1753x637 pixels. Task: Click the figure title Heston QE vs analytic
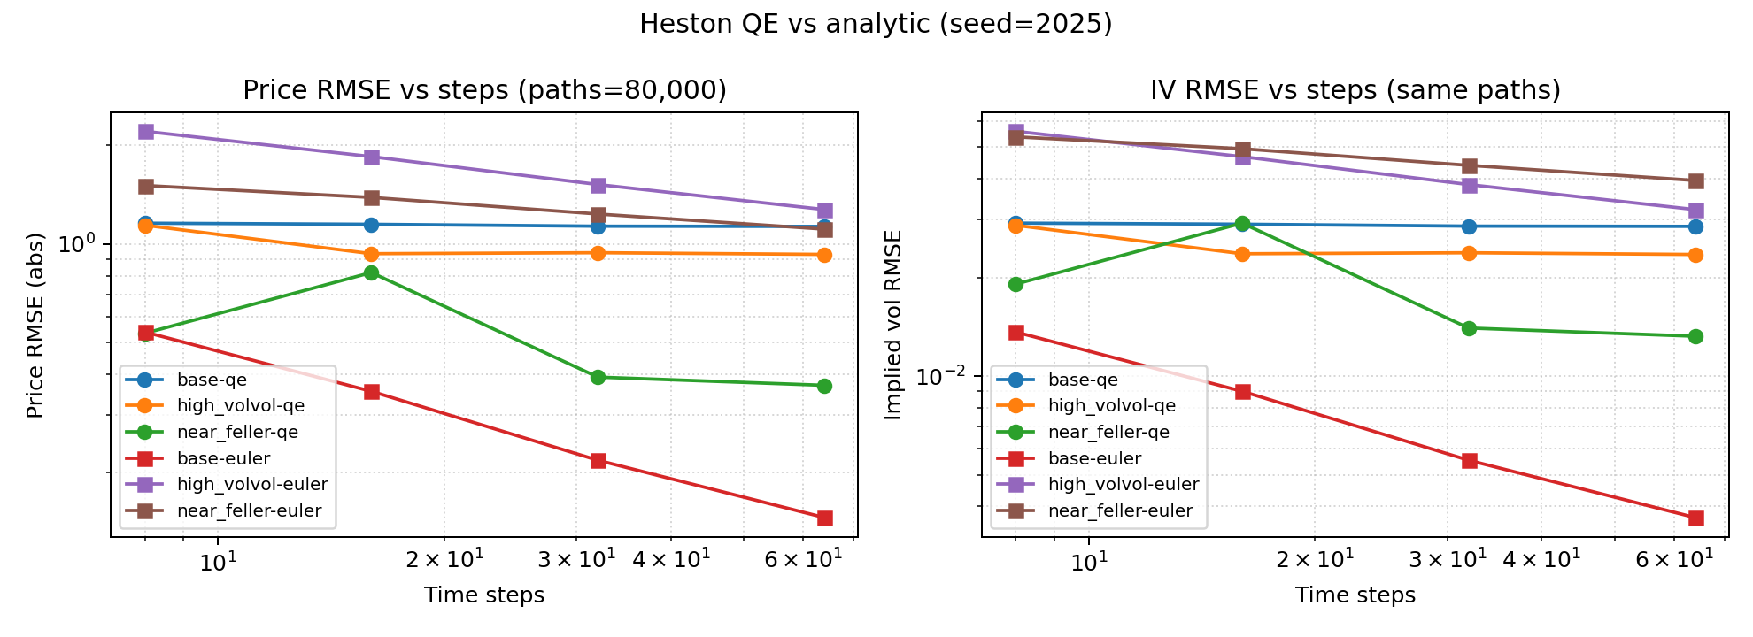pos(875,24)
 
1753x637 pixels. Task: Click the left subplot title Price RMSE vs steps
pos(484,90)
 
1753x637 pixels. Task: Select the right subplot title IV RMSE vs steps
pos(1355,90)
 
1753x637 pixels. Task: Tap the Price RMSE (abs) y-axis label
pos(35,326)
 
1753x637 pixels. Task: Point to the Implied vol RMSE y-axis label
pos(893,326)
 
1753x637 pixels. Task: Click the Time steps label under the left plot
pos(483,595)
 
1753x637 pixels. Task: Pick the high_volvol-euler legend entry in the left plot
pos(251,484)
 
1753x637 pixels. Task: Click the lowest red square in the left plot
pos(824,518)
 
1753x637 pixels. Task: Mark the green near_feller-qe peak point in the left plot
pos(372,272)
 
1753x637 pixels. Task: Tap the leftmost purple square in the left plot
pos(146,131)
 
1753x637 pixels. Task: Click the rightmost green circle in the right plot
pos(1695,336)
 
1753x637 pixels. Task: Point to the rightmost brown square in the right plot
pos(1695,180)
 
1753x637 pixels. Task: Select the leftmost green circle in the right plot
pos(1016,284)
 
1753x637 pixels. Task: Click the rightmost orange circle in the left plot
pos(824,255)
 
